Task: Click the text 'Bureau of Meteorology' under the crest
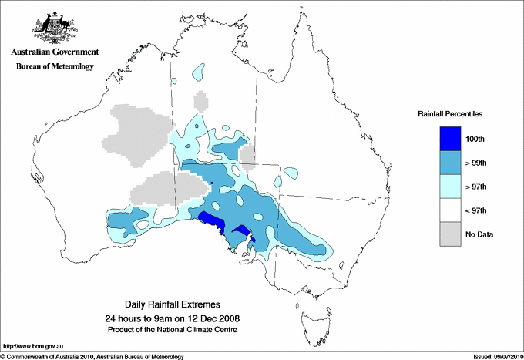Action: pyautogui.click(x=54, y=66)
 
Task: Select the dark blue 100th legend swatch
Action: pyautogui.click(x=451, y=139)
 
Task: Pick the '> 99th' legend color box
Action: pyautogui.click(x=451, y=163)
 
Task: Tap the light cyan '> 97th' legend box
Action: pyautogui.click(x=451, y=187)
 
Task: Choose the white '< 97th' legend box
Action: pyautogui.click(x=451, y=210)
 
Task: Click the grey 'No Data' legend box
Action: pyautogui.click(x=451, y=234)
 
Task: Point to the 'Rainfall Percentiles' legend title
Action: pyautogui.click(x=450, y=113)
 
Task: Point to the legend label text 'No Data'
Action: pyautogui.click(x=479, y=234)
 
